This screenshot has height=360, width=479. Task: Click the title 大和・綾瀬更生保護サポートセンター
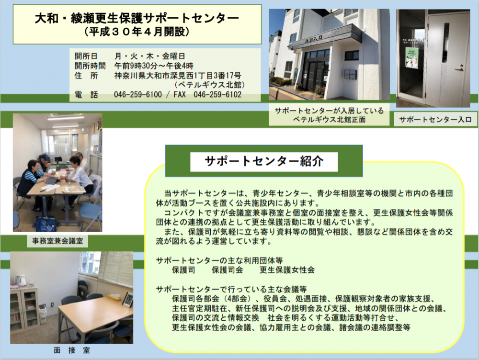click(137, 19)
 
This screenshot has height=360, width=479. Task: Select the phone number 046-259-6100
click(138, 94)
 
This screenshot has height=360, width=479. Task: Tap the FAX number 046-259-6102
click(217, 94)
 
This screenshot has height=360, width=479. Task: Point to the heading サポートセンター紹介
click(264, 161)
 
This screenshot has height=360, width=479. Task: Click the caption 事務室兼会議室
click(57, 241)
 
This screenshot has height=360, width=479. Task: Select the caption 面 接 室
click(72, 350)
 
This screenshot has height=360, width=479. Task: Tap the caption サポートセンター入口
click(435, 119)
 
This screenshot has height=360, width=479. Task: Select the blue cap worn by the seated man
click(45, 157)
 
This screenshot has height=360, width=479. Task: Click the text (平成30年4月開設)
click(137, 32)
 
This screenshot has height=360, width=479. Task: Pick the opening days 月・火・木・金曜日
click(149, 56)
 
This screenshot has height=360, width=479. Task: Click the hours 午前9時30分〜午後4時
click(154, 66)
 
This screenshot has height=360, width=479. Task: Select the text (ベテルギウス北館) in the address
click(210, 85)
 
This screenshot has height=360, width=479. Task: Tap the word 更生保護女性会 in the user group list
click(287, 270)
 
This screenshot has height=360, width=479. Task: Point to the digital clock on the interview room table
click(128, 300)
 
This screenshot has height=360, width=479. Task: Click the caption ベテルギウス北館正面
click(330, 120)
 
